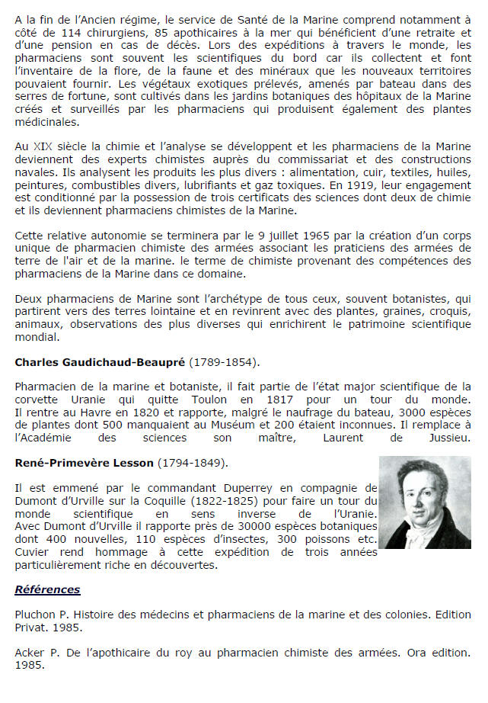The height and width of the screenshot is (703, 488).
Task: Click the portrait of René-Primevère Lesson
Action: point(425,502)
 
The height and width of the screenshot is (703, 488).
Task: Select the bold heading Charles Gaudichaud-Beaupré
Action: point(100,361)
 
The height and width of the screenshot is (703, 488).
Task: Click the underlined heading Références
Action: point(47,589)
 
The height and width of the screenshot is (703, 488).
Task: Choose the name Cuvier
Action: point(33,552)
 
